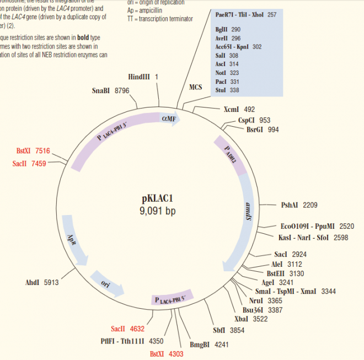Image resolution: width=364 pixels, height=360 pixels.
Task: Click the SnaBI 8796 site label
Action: [110, 90]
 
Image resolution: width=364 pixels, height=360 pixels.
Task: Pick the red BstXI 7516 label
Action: [33, 151]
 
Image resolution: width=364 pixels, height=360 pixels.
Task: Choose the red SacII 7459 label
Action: [31, 163]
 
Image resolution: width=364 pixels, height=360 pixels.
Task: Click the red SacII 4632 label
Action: [127, 329]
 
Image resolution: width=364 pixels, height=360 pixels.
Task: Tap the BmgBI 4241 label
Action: [209, 345]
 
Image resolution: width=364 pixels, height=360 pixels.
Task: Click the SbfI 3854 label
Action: [228, 330]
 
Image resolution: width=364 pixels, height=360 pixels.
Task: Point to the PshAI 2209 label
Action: [299, 205]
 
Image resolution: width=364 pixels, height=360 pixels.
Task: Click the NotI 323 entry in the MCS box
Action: [227, 73]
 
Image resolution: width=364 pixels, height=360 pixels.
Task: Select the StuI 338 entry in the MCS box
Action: [227, 90]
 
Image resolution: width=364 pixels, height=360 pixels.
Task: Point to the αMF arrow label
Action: [169, 119]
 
